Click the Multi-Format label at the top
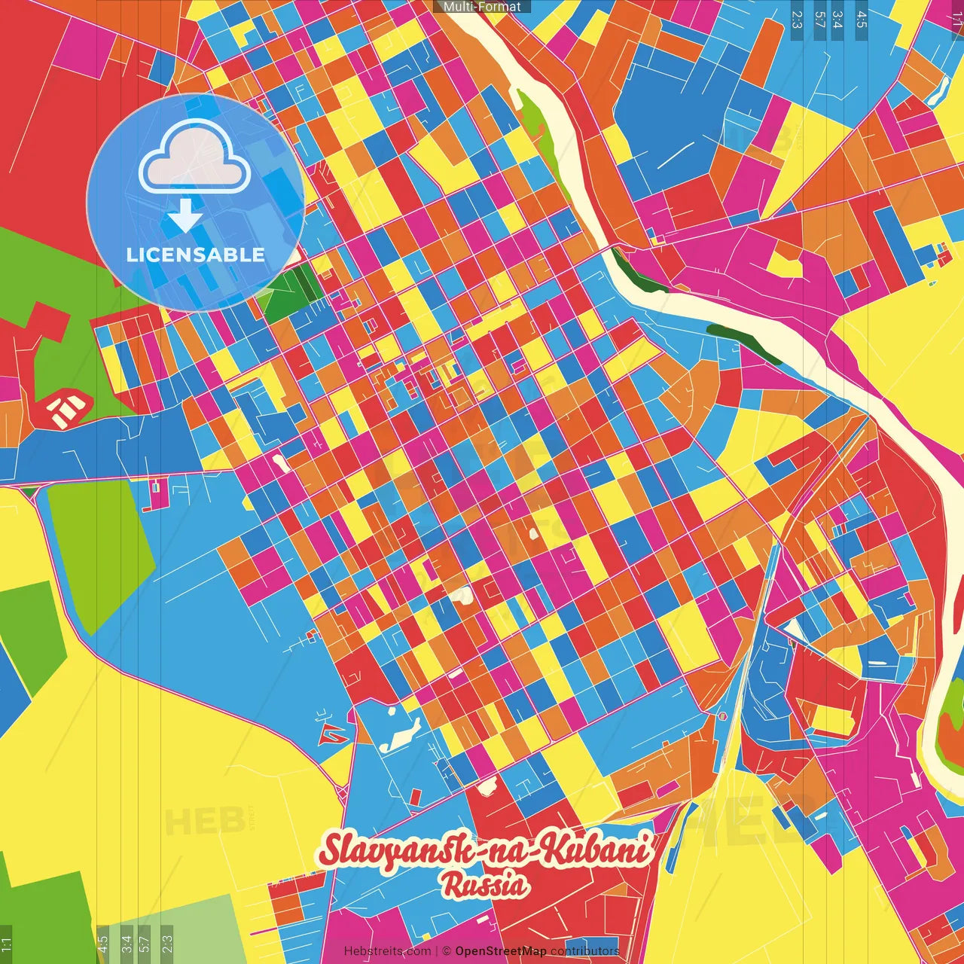coord(482,7)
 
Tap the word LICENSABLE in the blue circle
coord(196,255)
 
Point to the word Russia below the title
coord(484,886)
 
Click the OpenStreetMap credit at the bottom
coord(500,951)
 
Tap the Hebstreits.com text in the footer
coord(388,951)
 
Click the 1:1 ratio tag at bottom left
coord(6,944)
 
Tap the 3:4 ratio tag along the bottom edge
coord(126,944)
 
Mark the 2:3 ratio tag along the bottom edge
coord(167,944)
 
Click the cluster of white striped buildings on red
coord(66,407)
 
